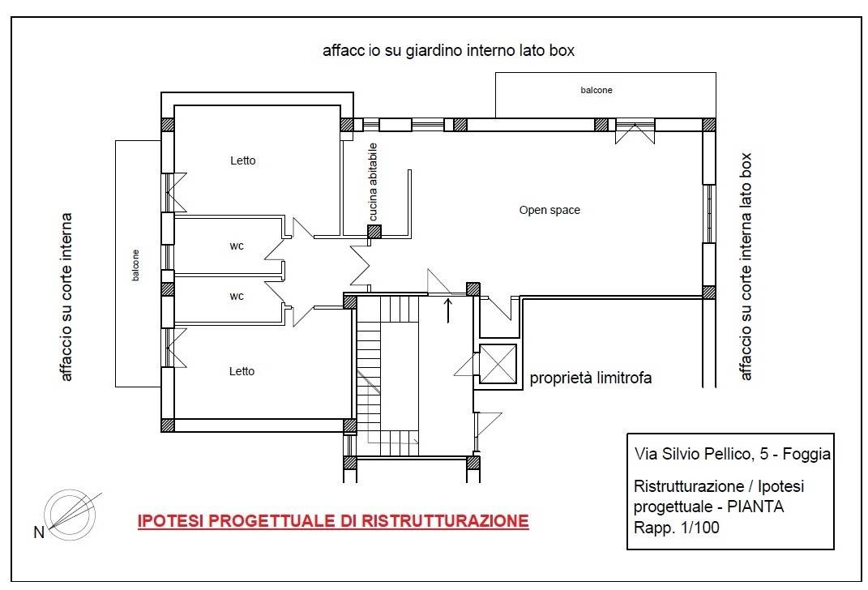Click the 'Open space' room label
click(549, 211)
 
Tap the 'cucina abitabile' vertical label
click(373, 182)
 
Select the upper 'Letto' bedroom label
click(243, 160)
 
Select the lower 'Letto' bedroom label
click(242, 371)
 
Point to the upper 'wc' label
click(237, 246)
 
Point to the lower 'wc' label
click(237, 297)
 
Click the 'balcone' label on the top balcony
click(596, 90)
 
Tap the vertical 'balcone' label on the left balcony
click(136, 265)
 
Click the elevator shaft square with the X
click(498, 364)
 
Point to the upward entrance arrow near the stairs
click(448, 310)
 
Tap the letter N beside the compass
click(39, 532)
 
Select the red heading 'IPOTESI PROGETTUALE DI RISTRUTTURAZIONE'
click(333, 521)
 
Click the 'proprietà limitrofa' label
click(591, 378)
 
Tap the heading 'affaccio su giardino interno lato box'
click(448, 51)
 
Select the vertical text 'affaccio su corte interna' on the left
click(66, 297)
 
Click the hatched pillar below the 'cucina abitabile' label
click(374, 231)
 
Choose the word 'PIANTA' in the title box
click(755, 507)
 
